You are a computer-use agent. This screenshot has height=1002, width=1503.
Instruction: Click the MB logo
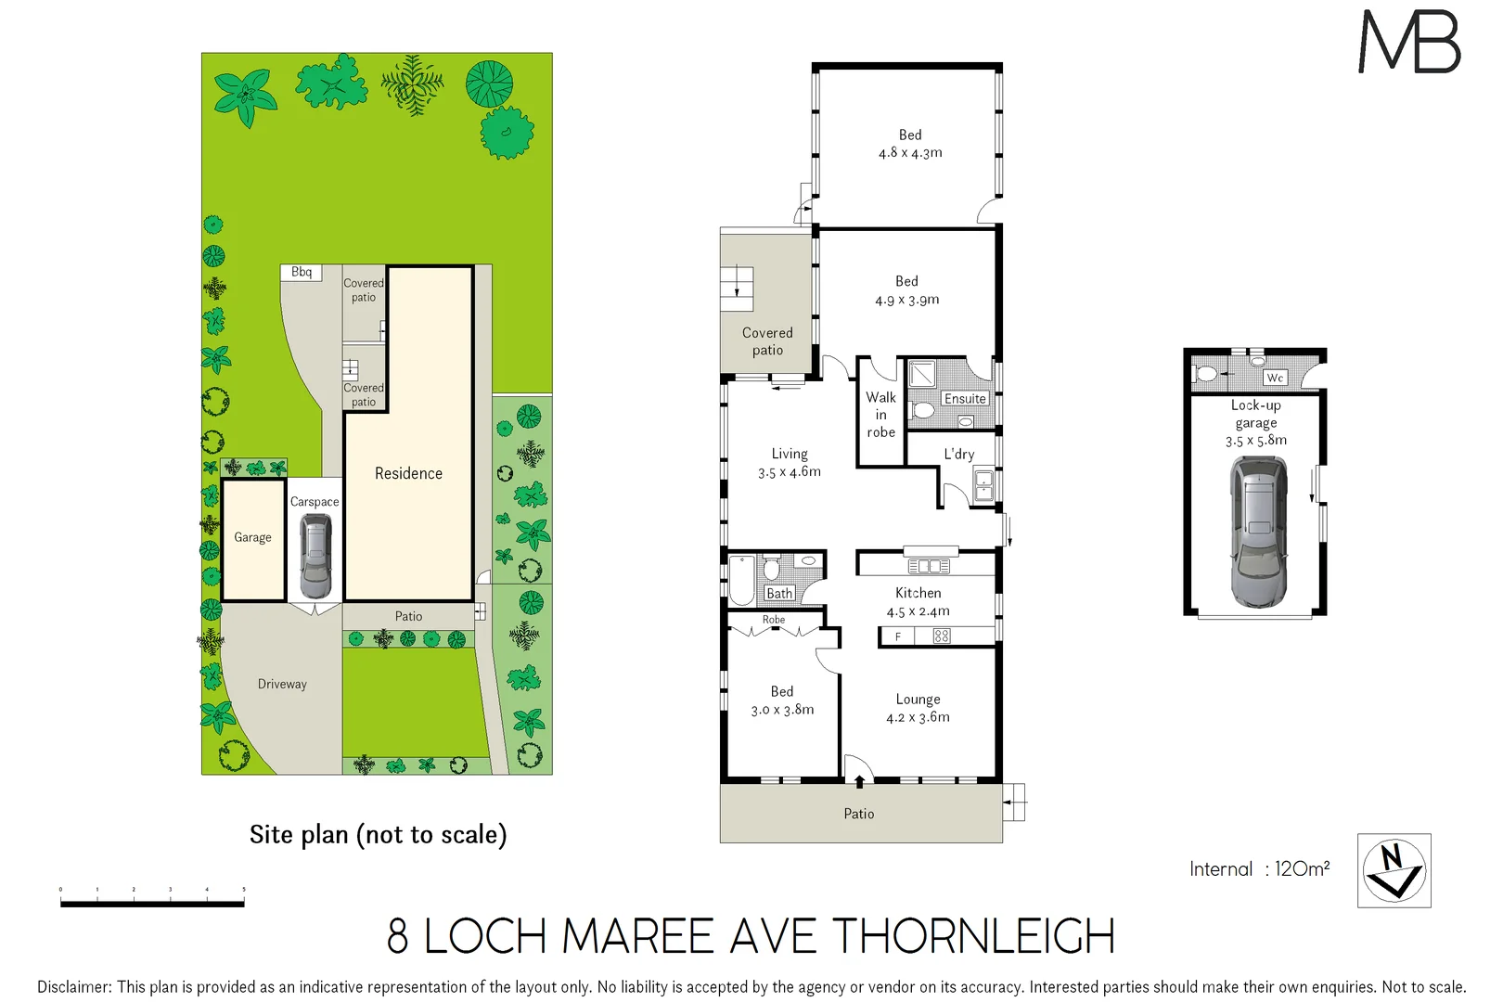[1409, 42]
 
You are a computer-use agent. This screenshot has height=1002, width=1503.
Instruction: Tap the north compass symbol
[1394, 870]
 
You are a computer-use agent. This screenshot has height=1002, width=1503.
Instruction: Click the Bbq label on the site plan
[302, 272]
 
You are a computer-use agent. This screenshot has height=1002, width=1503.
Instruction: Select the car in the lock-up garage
[1258, 532]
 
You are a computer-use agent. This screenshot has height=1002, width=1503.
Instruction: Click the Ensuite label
[965, 399]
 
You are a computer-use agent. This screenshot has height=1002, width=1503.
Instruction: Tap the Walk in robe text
[880, 415]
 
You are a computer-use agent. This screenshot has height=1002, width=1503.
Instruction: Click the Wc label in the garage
[1275, 378]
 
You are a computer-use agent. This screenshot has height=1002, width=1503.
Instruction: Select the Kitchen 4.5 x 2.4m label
[918, 602]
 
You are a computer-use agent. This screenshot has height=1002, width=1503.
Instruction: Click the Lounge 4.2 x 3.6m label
[918, 708]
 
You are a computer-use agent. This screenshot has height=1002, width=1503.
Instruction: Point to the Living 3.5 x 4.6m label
[790, 462]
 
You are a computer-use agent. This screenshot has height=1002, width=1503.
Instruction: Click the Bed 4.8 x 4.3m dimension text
[910, 153]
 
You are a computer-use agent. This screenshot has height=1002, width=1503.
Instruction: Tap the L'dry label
[958, 454]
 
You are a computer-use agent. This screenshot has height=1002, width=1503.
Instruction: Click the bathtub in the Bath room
[742, 580]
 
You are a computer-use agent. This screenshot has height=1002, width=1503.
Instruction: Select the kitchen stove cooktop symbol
[942, 636]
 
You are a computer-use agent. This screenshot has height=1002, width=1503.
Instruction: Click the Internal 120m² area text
[1259, 869]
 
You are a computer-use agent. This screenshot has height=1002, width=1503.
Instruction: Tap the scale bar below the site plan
[152, 903]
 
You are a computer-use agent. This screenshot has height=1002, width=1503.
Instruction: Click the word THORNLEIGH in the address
[973, 936]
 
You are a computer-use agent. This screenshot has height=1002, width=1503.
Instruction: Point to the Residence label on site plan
[408, 473]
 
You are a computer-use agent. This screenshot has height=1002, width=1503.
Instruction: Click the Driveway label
[282, 684]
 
